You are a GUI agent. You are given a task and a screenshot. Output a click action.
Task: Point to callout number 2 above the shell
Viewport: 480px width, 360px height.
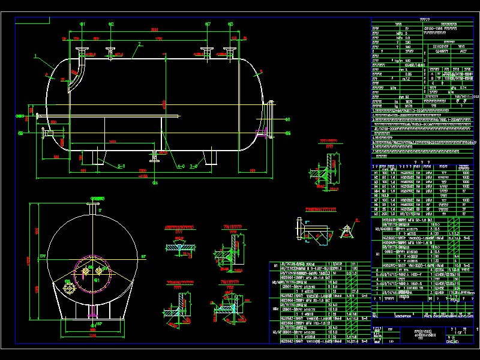(139, 44)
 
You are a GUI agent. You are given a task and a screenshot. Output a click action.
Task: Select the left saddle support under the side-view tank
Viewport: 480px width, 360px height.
(94, 157)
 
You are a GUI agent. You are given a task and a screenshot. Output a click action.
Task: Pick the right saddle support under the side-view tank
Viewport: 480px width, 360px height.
(211, 157)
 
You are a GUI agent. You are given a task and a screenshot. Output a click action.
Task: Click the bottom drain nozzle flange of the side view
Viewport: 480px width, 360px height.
(155, 158)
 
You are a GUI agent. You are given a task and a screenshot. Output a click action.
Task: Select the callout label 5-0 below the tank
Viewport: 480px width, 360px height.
(121, 166)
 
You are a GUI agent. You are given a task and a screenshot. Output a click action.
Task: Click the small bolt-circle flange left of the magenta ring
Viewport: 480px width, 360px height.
(71, 289)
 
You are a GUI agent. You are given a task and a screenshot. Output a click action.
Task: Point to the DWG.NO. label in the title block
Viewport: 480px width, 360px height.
(453, 342)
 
